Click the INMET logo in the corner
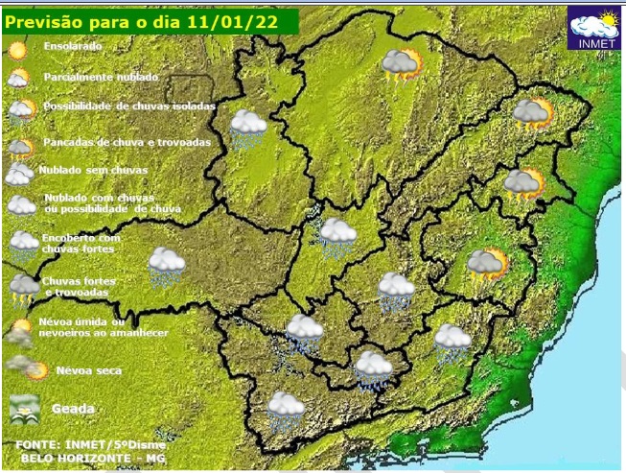594,29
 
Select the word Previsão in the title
49,20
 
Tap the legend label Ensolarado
72,45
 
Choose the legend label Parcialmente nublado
101,77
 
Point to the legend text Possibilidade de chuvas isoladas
127,106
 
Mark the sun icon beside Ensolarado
17,48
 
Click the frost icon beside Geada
23,409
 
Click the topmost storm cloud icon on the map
401,65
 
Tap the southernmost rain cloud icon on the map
286,411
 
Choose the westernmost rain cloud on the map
167,266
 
